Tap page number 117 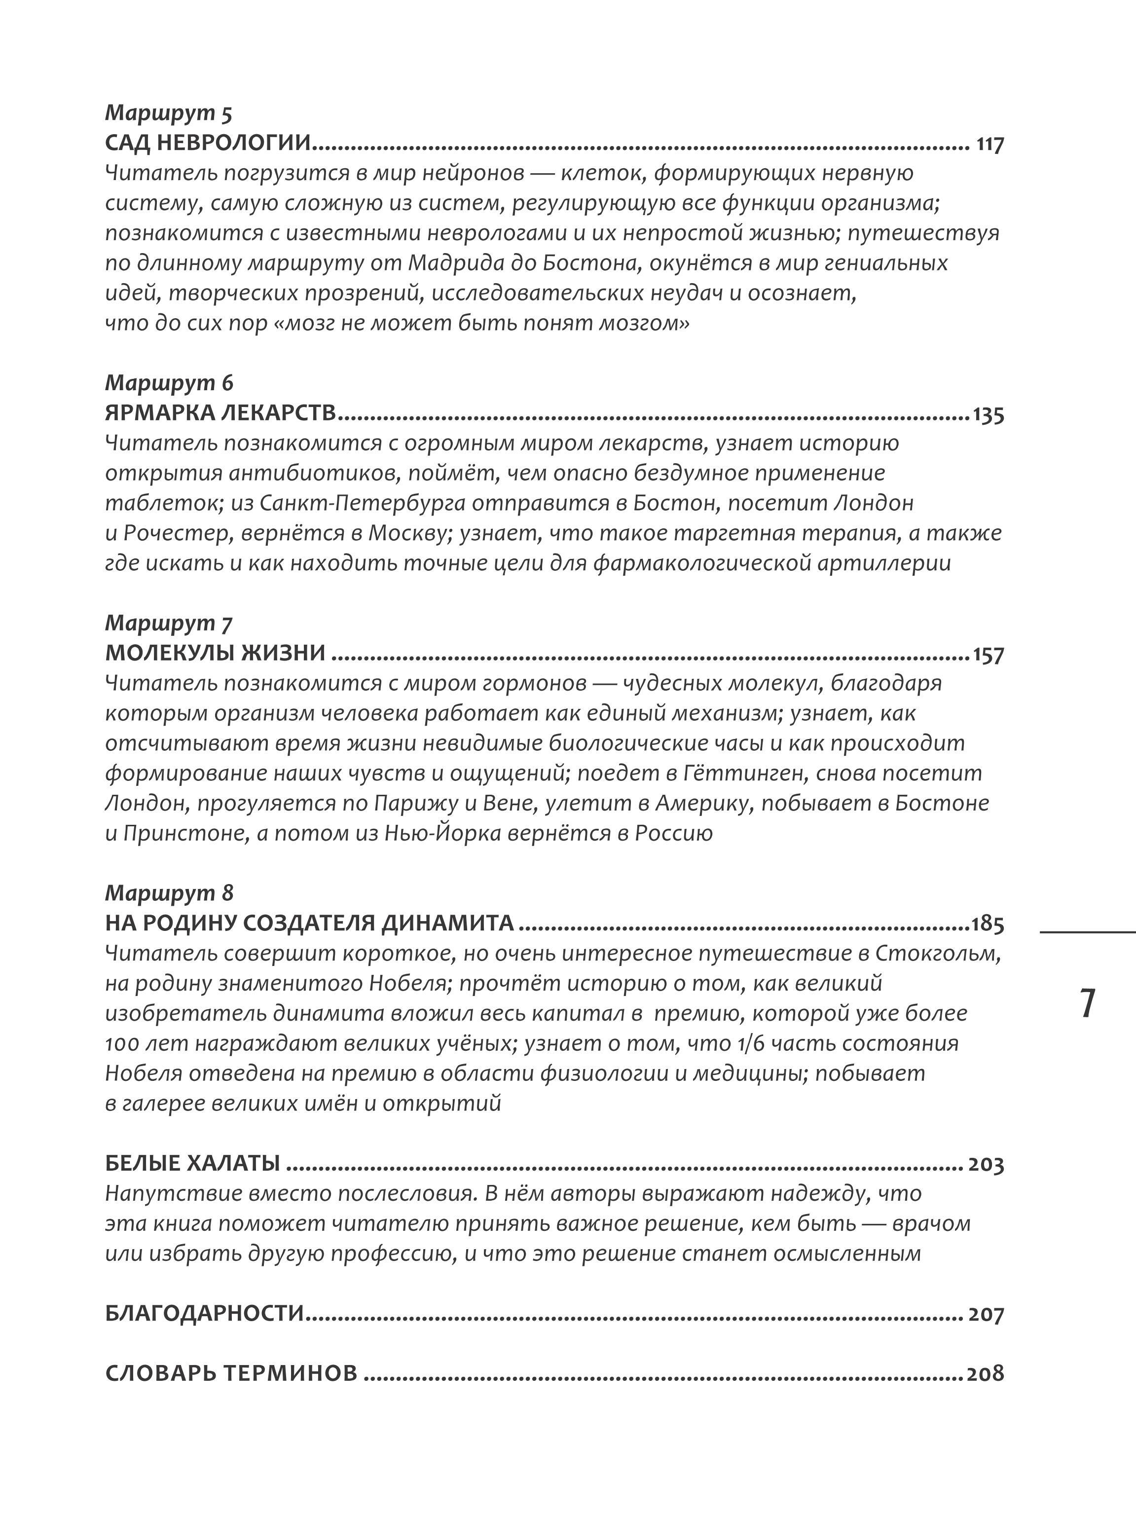click(x=989, y=145)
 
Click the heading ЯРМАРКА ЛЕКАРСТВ click(x=220, y=413)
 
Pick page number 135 click(x=988, y=415)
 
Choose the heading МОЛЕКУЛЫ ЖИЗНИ click(x=215, y=653)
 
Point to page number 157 click(x=988, y=655)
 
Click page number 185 click(x=988, y=924)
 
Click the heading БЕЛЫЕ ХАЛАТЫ click(x=192, y=1163)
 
